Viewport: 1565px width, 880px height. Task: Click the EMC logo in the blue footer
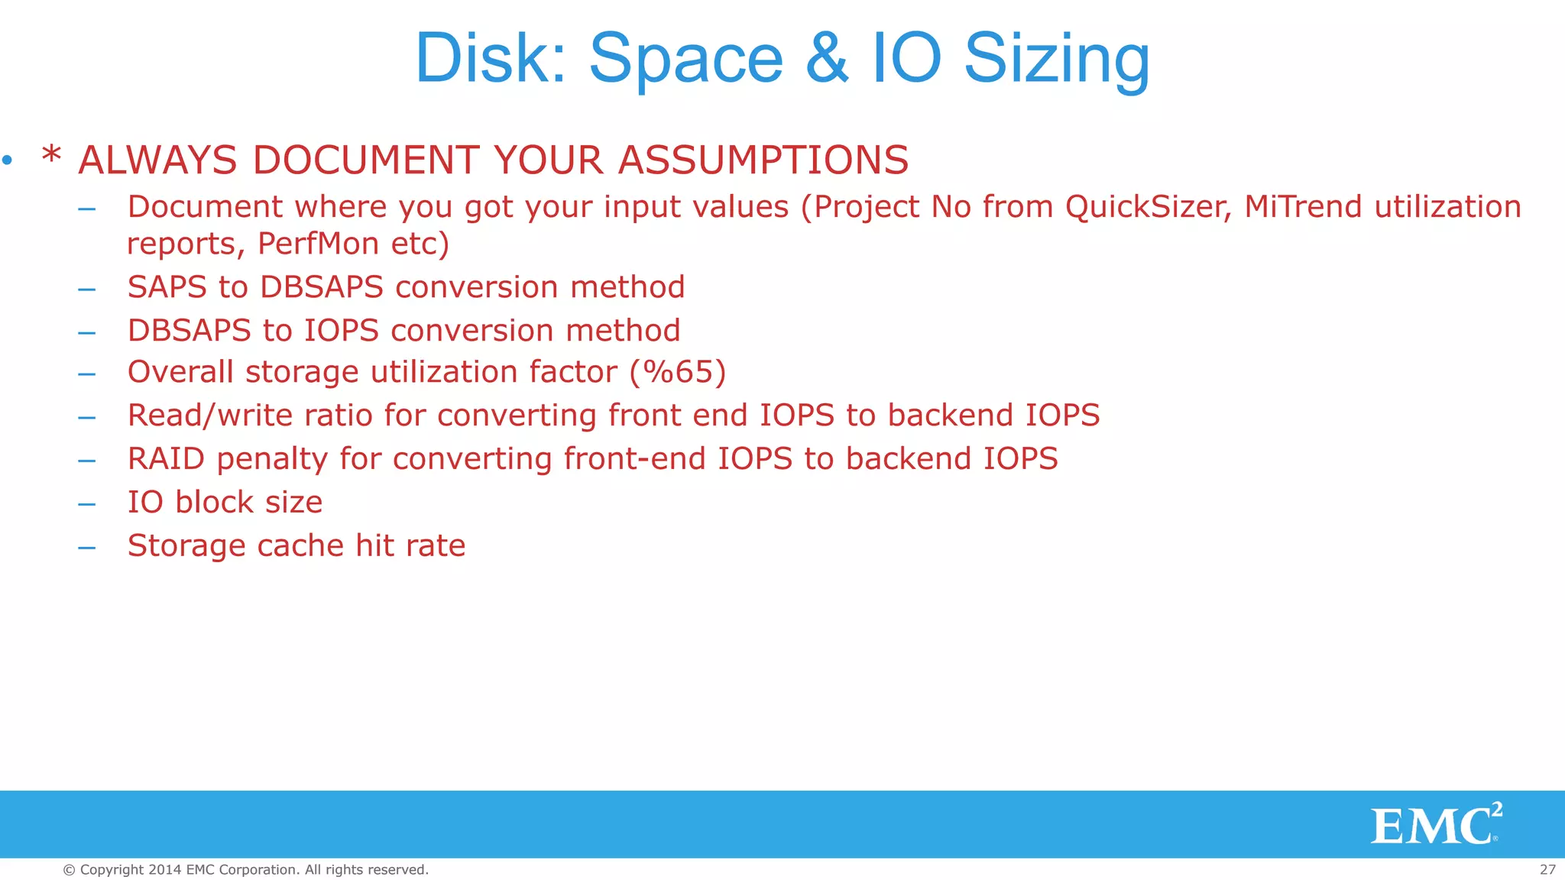pos(1434,825)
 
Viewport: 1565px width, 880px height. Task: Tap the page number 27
pos(1547,869)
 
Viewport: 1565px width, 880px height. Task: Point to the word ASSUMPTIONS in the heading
pos(763,160)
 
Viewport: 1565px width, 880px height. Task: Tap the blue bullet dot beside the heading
pos(8,160)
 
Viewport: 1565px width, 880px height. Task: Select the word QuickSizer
pos(1148,207)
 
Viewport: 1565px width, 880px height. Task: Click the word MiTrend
pos(1303,207)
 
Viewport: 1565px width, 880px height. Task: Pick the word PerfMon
pos(318,244)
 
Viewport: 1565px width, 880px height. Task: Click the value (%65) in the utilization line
pos(678,372)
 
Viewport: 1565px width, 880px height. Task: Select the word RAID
pos(166,459)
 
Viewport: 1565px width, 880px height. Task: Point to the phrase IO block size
pos(225,503)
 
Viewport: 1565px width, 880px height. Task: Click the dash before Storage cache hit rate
pos(86,547)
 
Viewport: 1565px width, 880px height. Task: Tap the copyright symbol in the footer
pos(69,870)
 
